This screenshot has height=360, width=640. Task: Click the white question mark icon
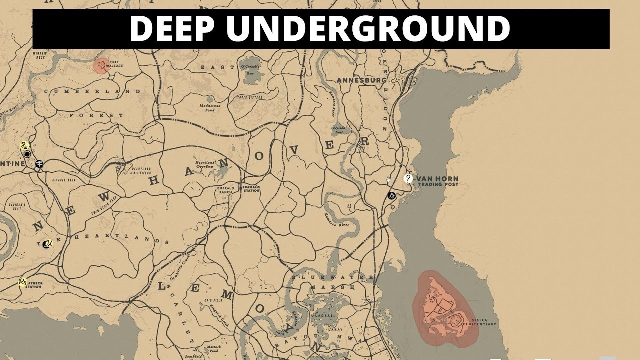click(408, 178)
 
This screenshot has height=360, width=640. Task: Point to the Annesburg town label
click(362, 80)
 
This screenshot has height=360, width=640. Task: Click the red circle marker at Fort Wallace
click(101, 65)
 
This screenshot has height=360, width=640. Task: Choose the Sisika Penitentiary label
click(481, 322)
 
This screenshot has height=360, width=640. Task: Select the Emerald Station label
click(251, 188)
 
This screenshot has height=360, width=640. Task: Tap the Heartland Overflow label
click(205, 164)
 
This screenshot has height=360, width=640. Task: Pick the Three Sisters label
click(249, 97)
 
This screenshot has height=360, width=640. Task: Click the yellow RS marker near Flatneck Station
click(22, 282)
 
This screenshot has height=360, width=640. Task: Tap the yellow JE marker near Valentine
click(24, 146)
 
